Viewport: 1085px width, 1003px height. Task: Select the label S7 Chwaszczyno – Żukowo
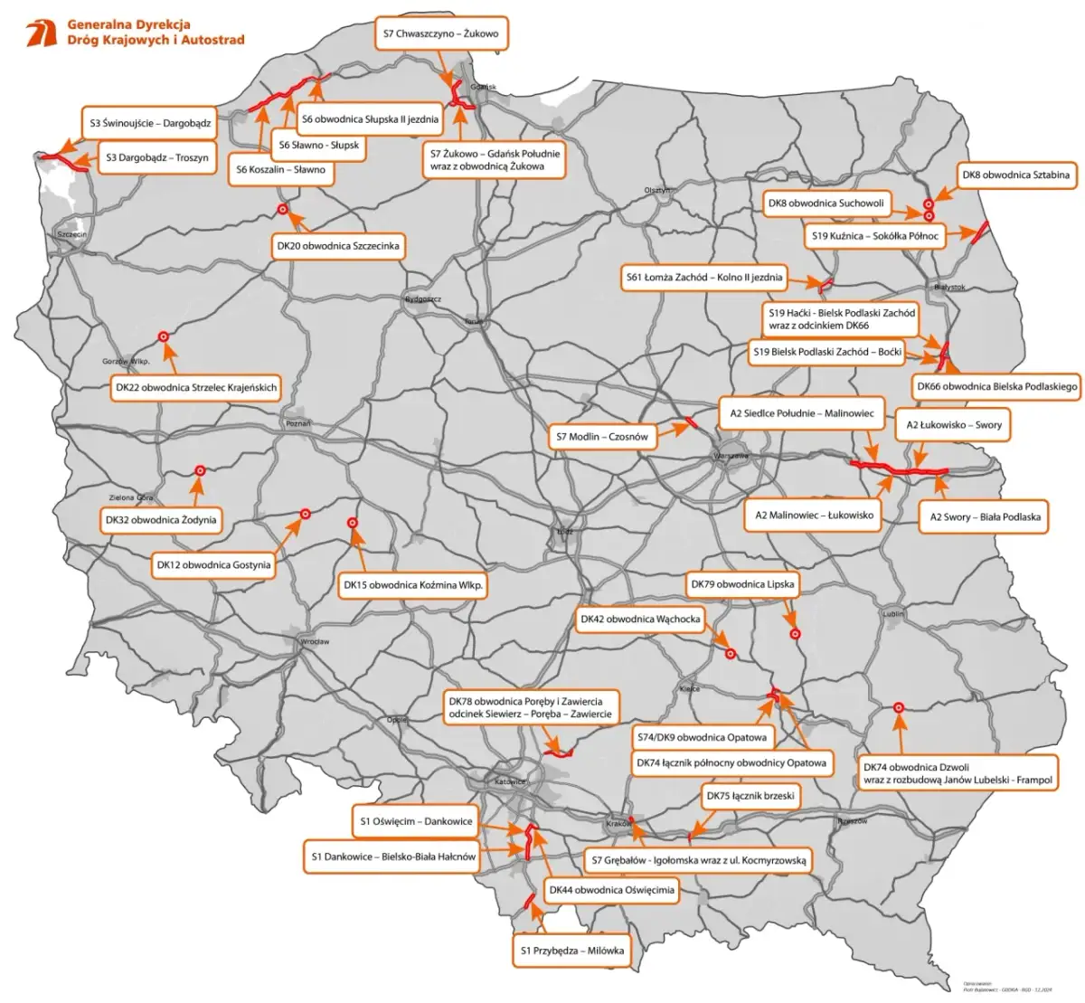[440, 34]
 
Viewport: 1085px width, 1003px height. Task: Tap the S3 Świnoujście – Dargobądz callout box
[150, 122]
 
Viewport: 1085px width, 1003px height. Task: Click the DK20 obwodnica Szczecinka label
[337, 246]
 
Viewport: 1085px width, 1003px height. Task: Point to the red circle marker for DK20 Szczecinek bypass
[283, 210]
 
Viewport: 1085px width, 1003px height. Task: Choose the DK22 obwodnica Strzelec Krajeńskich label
[196, 387]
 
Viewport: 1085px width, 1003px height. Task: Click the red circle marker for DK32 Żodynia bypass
[200, 470]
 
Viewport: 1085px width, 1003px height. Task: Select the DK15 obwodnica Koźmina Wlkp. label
[413, 585]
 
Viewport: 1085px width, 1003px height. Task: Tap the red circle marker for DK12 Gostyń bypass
[306, 514]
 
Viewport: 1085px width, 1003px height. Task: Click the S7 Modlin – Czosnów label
[602, 437]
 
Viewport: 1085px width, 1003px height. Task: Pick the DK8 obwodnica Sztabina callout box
[1015, 175]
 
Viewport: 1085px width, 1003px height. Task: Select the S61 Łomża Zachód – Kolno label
[704, 278]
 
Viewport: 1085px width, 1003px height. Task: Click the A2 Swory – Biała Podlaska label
[985, 516]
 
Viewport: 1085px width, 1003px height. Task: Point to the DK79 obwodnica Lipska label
[742, 584]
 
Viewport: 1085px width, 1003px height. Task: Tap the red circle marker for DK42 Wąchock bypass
[731, 653]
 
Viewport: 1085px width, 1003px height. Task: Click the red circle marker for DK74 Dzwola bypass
[899, 708]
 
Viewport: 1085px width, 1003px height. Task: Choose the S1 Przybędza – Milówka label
[571, 950]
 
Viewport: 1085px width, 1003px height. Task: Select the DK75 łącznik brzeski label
[750, 796]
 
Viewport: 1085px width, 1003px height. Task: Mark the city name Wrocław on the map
[316, 641]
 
